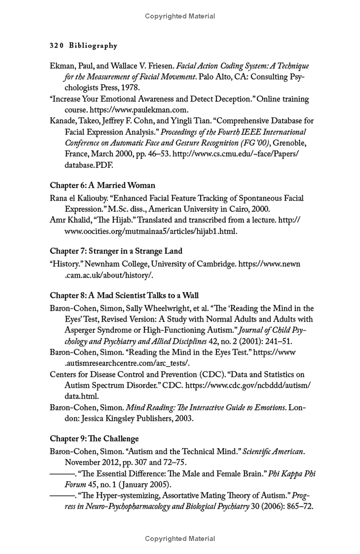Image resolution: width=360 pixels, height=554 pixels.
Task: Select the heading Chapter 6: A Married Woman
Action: pyautogui.click(x=102, y=185)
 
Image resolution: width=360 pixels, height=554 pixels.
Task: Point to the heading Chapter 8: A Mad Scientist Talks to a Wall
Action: pyautogui.click(x=124, y=295)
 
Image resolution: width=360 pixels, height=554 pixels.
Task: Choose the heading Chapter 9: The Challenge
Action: pyautogui.click(x=94, y=438)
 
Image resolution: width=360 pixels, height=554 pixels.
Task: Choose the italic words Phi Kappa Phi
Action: pyautogui.click(x=292, y=473)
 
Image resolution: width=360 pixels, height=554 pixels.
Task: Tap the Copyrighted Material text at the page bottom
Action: pyautogui.click(x=180, y=538)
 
